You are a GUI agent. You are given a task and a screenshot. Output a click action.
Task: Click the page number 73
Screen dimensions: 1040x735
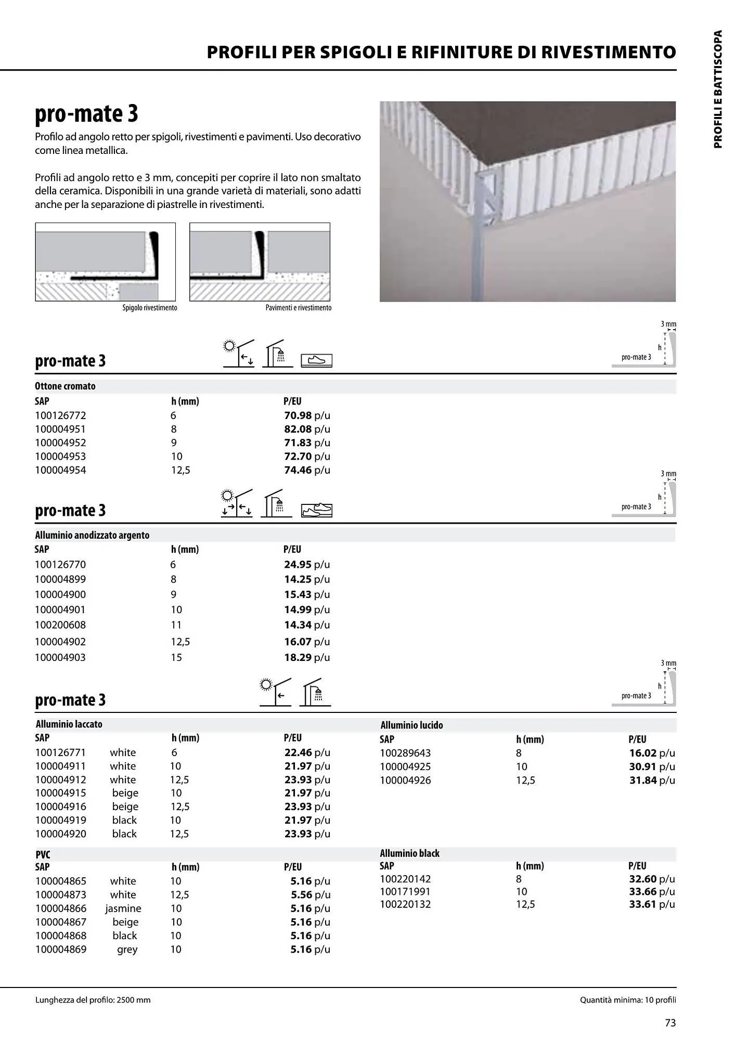click(670, 1023)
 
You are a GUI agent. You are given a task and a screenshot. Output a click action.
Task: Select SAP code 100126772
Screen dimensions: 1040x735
click(60, 415)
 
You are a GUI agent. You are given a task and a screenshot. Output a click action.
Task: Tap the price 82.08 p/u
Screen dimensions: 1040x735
click(307, 429)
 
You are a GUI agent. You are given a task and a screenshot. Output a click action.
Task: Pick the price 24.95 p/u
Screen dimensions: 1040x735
click(307, 564)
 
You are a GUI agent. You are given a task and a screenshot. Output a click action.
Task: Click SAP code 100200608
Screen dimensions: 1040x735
click(60, 625)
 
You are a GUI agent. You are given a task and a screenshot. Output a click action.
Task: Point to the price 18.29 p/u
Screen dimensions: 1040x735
click(307, 657)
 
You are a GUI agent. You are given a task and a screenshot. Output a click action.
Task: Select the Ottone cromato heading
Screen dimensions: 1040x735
click(65, 386)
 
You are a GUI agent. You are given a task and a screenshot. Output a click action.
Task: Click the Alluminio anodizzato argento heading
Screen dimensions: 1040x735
click(92, 535)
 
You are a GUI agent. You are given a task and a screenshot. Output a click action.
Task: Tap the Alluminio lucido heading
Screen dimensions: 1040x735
click(411, 725)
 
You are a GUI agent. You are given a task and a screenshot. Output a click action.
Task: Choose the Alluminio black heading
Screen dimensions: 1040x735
click(409, 853)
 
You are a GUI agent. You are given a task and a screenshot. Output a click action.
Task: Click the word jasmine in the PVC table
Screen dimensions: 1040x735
click(123, 908)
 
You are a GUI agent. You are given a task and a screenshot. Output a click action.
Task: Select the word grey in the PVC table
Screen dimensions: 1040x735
click(127, 949)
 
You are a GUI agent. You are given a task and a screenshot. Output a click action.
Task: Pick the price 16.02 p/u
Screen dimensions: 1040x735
click(652, 753)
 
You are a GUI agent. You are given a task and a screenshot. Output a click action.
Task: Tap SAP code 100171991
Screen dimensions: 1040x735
click(405, 891)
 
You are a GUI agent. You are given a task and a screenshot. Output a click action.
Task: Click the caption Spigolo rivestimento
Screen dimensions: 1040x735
click(150, 308)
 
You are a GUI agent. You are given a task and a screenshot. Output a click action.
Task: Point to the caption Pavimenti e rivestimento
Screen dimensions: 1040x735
click(298, 308)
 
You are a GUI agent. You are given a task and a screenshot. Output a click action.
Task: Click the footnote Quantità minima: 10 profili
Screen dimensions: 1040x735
click(628, 1000)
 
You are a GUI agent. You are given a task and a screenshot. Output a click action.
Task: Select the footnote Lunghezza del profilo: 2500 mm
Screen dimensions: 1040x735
click(93, 1000)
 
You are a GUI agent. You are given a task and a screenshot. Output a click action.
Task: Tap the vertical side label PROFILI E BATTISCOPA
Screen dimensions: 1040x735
click(718, 89)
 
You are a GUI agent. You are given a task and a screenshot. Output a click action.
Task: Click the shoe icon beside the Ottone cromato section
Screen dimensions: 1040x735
click(316, 360)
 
